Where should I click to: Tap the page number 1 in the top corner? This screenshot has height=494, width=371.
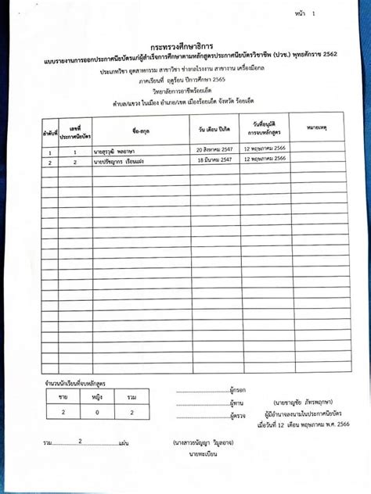pyautogui.click(x=314, y=14)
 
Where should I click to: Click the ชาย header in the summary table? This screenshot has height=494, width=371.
pyautogui.click(x=63, y=398)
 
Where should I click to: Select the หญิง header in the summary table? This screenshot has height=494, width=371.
pyautogui.click(x=97, y=398)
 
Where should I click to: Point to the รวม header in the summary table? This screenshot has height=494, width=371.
pyautogui.click(x=131, y=398)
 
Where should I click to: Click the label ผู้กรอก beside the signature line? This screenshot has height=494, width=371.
pyautogui.click(x=239, y=388)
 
